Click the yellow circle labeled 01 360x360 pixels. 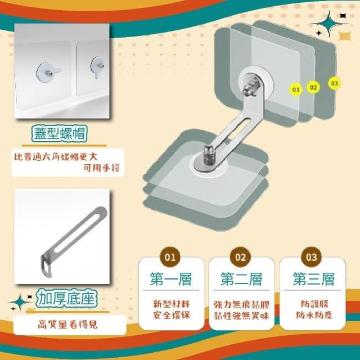(x=296, y=89)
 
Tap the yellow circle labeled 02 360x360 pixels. (x=313, y=88)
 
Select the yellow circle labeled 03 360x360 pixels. (x=334, y=83)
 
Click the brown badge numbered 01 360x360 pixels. (x=170, y=257)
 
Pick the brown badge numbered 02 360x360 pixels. (x=241, y=257)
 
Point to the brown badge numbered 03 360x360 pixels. (x=311, y=257)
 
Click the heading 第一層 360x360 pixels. (x=171, y=279)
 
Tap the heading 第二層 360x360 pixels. (x=241, y=279)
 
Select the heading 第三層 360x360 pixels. (x=313, y=279)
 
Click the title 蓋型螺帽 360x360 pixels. (x=60, y=133)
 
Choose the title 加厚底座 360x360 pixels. (x=66, y=298)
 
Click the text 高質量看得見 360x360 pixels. (x=67, y=325)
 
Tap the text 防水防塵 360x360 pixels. (x=314, y=315)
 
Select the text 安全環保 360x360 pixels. (x=172, y=315)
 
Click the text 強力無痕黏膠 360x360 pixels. (x=241, y=305)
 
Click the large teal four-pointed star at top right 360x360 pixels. (x=330, y=24)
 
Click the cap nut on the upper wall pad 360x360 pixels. (x=249, y=88)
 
